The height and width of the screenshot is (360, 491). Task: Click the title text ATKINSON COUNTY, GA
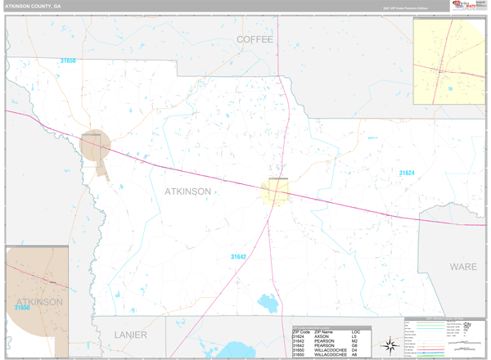tap(32, 6)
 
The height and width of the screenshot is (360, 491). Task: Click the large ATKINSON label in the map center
tap(187, 191)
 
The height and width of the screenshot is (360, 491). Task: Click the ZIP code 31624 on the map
tap(408, 173)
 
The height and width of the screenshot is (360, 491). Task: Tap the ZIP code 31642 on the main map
tap(238, 257)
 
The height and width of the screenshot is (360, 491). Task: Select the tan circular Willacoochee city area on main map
tap(95, 145)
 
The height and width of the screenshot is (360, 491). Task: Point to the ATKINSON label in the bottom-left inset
tap(37, 302)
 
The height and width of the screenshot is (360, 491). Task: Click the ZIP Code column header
tap(301, 331)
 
